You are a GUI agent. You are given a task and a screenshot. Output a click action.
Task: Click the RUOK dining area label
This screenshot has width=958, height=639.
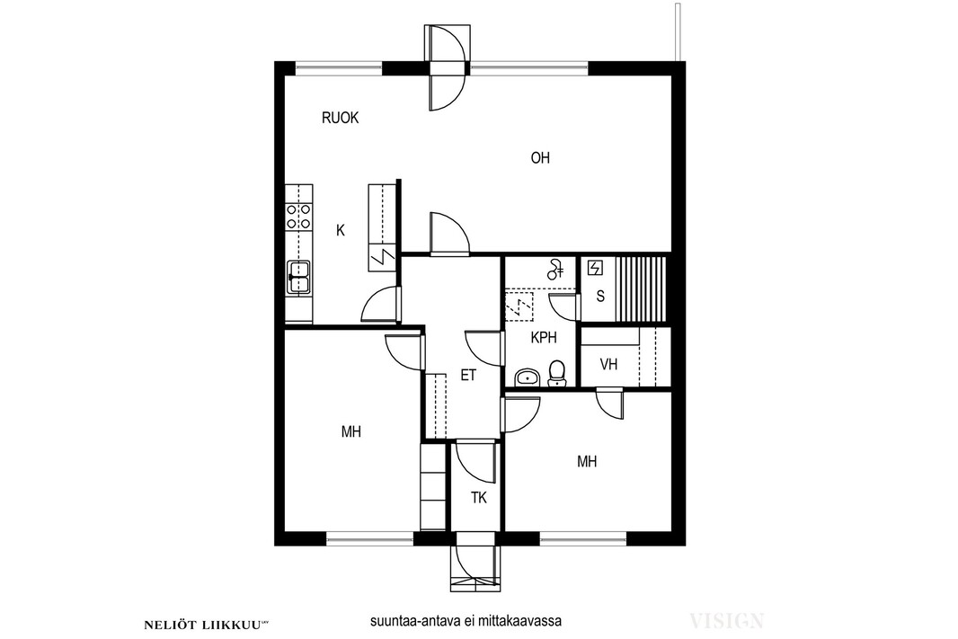point(341,118)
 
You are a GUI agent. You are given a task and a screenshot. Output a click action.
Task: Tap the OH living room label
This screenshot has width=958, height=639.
point(540,158)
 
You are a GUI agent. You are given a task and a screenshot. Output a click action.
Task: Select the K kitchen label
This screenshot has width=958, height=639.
point(341,230)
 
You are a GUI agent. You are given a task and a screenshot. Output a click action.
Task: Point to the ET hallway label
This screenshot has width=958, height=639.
point(468,375)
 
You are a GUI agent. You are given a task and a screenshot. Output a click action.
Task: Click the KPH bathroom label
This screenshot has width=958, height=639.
point(544,337)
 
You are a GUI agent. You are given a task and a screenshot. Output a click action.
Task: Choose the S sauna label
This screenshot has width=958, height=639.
point(600,297)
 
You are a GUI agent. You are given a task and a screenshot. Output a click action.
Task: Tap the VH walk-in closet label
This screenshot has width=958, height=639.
point(608,365)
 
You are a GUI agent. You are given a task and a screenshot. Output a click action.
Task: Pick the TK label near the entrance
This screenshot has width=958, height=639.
point(479,498)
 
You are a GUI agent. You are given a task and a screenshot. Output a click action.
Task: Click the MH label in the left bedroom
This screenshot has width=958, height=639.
point(351,432)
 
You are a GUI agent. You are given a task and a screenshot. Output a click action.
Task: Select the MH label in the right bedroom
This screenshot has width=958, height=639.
point(587,462)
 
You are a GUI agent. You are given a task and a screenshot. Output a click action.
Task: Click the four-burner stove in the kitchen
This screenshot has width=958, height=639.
point(298,217)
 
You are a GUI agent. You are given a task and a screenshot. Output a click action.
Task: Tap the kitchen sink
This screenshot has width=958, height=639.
point(298,277)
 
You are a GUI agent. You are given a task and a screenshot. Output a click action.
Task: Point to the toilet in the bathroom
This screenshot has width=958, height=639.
point(556,373)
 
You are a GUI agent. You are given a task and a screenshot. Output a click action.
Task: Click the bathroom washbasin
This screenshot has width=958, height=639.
point(527,377)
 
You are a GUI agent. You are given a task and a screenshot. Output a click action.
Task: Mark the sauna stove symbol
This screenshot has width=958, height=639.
point(594,268)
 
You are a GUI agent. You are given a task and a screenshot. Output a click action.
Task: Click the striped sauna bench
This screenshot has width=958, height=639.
point(640,288)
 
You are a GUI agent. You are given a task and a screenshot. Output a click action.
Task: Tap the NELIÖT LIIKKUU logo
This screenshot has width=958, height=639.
point(207,625)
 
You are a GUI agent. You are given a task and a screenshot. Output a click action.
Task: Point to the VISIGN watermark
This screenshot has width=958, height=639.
point(726,621)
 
